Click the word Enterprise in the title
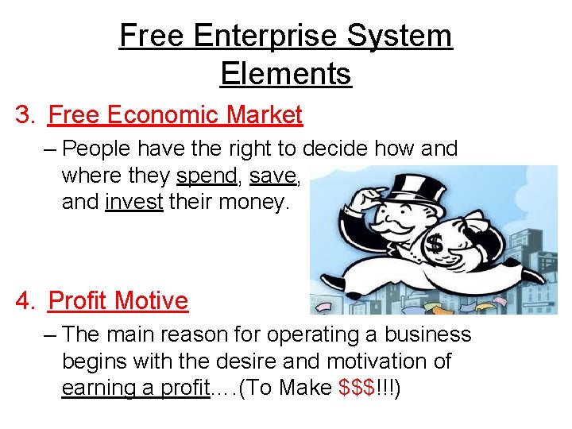click(252, 37)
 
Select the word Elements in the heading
click(285, 74)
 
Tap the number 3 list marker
click(25, 116)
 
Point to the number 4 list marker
click(25, 301)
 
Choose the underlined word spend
click(207, 175)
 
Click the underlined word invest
click(133, 202)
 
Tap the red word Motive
click(152, 301)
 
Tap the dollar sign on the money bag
click(435, 245)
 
